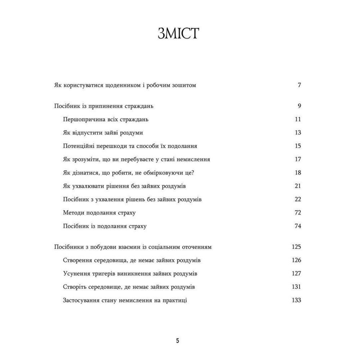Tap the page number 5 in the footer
pyautogui.click(x=178, y=341)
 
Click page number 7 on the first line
pyautogui.click(x=299, y=86)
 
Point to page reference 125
pyautogui.click(x=296, y=247)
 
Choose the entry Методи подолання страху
pyautogui.click(x=99, y=213)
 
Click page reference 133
pyautogui.click(x=296, y=300)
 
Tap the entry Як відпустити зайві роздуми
pyautogui.click(x=103, y=133)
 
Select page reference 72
pyautogui.click(x=297, y=213)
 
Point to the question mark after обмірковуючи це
pyautogui.click(x=193, y=173)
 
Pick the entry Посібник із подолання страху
pyautogui.click(x=104, y=226)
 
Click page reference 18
pyautogui.click(x=297, y=173)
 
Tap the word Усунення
pyautogui.click(x=76, y=274)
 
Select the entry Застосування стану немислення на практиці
pyautogui.click(x=125, y=300)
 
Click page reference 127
pyautogui.click(x=296, y=274)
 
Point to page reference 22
pyautogui.click(x=297, y=199)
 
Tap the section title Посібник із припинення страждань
pyautogui.click(x=104, y=106)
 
